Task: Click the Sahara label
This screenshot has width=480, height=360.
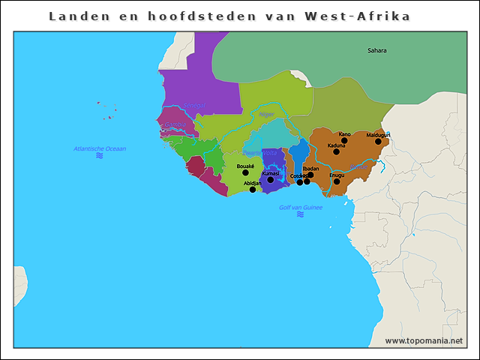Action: coord(376,50)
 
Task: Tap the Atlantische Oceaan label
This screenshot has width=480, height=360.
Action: coord(100,148)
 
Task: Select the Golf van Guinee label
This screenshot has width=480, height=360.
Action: coord(300,207)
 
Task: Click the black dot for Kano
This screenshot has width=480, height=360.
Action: coord(344,140)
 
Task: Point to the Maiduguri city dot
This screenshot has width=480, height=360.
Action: coord(378,141)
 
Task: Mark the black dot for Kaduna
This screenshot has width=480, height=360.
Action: coord(336,151)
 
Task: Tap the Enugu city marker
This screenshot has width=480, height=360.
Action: coord(337,181)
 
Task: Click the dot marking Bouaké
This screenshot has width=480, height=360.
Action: coord(245,172)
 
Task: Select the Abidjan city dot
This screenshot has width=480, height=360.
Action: coord(253,190)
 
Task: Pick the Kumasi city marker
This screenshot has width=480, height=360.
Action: coord(271,180)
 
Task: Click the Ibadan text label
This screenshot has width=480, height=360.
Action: coord(310,169)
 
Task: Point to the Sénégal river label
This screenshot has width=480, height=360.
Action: coord(193,106)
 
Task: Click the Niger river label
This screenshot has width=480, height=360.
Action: coord(266,115)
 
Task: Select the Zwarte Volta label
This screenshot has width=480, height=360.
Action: coord(259,152)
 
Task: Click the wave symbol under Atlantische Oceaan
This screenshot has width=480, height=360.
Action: coord(99,156)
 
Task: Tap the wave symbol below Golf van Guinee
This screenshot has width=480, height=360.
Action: coord(300,214)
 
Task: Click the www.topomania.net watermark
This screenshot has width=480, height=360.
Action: coord(424,340)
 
